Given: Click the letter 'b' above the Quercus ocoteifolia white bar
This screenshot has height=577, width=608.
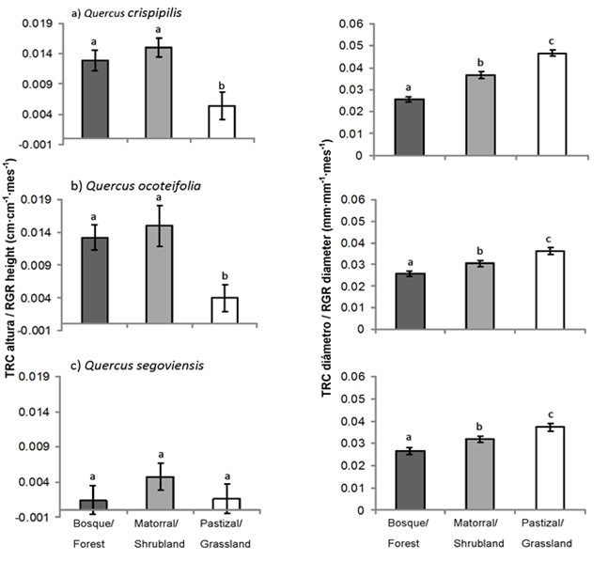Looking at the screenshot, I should (222, 274).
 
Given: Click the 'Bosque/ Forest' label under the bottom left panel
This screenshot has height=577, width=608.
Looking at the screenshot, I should (95, 534).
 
